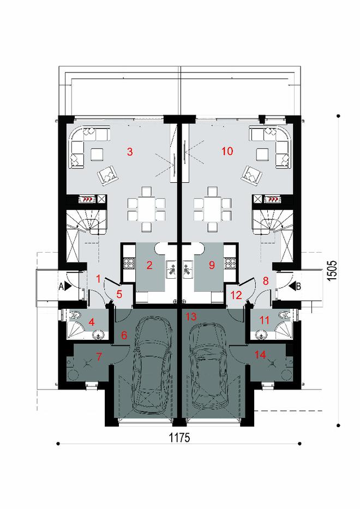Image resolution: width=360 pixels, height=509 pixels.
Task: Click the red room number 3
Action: [129, 152]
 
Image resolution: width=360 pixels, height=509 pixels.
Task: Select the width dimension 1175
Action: [179, 438]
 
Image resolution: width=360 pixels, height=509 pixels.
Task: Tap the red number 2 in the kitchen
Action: [148, 266]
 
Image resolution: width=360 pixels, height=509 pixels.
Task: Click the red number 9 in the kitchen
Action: [212, 266]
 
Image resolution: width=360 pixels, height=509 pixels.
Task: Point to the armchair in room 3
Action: [108, 175]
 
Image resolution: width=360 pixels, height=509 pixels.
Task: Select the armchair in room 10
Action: [251, 175]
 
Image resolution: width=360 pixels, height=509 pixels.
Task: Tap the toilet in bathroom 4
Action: [75, 315]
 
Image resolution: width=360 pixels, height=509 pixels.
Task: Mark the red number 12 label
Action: [236, 296]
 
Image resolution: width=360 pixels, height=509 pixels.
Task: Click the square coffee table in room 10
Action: [263, 154]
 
